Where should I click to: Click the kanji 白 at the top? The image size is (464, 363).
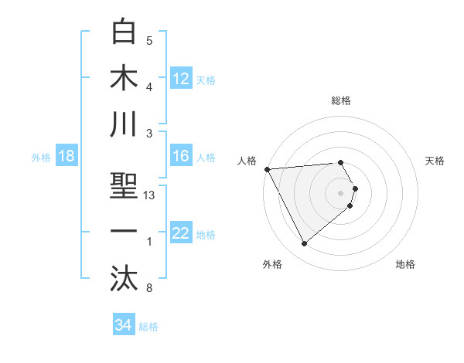pyautogui.click(x=124, y=32)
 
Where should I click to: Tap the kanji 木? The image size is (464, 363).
pyautogui.click(x=124, y=79)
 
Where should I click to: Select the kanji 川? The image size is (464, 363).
pyautogui.click(x=124, y=125)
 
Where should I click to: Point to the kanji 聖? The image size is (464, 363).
pyautogui.click(x=124, y=185)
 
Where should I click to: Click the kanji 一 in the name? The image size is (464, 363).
pyautogui.click(x=124, y=232)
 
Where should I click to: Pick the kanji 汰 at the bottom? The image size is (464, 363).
pyautogui.click(x=124, y=278)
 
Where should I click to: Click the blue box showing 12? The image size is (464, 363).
pyautogui.click(x=181, y=78)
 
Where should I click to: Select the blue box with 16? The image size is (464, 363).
pyautogui.click(x=181, y=156)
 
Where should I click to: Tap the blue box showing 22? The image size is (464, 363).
pyautogui.click(x=181, y=233)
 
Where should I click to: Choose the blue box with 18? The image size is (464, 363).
pyautogui.click(x=67, y=156)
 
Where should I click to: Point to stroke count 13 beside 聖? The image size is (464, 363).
pyautogui.click(x=149, y=195)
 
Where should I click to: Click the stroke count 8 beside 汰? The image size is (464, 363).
pyautogui.click(x=149, y=289)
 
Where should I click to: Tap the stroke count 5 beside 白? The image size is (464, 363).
pyautogui.click(x=149, y=41)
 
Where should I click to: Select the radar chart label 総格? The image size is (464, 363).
pyautogui.click(x=340, y=100)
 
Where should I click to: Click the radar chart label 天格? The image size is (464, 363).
pyautogui.click(x=435, y=161)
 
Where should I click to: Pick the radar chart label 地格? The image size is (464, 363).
pyautogui.click(x=405, y=264)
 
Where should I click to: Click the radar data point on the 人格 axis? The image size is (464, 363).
pyautogui.click(x=267, y=169)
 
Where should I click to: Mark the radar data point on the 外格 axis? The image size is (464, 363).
pyautogui.click(x=304, y=244)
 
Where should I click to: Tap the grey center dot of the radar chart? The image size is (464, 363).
pyautogui.click(x=340, y=192)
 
